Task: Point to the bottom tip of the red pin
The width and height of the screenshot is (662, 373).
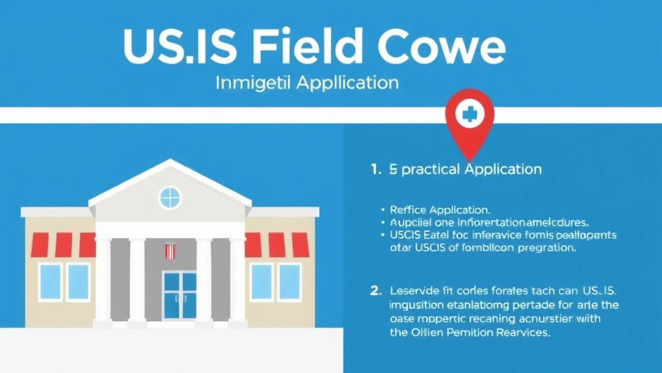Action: (470, 159)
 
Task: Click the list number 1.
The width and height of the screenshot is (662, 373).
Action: (374, 170)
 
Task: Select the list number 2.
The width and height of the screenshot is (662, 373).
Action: (375, 291)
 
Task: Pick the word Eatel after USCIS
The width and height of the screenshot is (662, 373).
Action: (442, 234)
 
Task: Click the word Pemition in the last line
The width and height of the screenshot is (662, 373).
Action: (465, 333)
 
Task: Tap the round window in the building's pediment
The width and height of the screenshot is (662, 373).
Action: (170, 197)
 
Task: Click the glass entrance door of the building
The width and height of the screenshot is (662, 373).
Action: (179, 295)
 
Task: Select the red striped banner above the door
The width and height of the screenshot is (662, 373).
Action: (169, 250)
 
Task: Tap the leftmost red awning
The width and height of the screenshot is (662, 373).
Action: (40, 245)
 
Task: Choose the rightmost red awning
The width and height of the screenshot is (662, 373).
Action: (300, 245)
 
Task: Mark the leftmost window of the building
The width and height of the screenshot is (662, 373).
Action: (50, 282)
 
